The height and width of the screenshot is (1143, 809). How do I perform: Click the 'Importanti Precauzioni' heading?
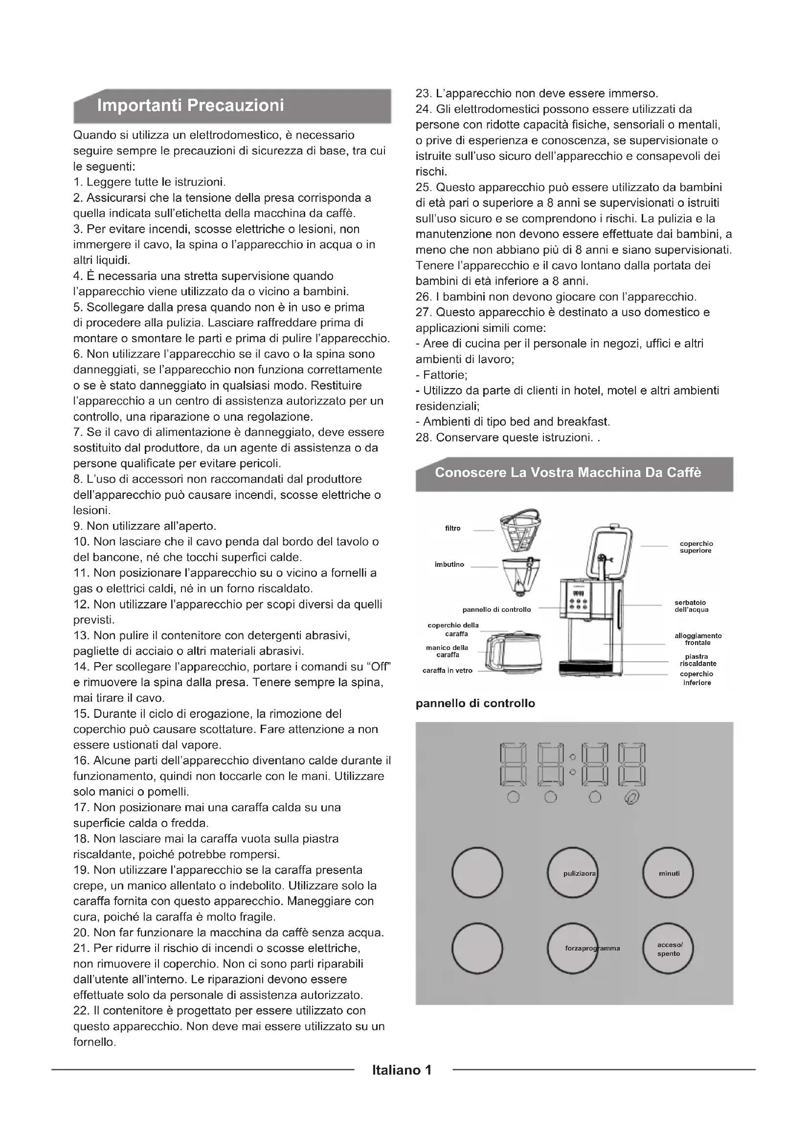pos(190,106)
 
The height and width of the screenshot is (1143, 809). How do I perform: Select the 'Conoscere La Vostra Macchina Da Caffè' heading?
pos(567,473)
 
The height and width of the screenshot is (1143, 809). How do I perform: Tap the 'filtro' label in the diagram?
pos(453,528)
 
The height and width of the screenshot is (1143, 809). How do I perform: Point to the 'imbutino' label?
pos(449,564)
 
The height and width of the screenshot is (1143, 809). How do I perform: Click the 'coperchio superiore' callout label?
pos(697,547)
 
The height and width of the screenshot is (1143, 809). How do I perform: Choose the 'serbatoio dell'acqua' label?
pos(692,606)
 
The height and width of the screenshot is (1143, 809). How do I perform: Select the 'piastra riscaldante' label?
pos(697,660)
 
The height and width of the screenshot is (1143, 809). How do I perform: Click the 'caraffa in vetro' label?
pos(448,670)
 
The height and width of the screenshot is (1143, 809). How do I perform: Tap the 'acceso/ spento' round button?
pos(668,949)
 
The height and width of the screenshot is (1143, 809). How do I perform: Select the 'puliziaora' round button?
pos(572,873)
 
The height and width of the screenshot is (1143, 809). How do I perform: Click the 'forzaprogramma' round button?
pos(572,949)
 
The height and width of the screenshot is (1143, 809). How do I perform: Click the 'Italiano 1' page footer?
pos(402,1070)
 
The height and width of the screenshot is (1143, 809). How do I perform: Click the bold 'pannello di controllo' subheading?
pos(475,703)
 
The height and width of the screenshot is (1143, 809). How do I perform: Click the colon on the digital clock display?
pos(572,764)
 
